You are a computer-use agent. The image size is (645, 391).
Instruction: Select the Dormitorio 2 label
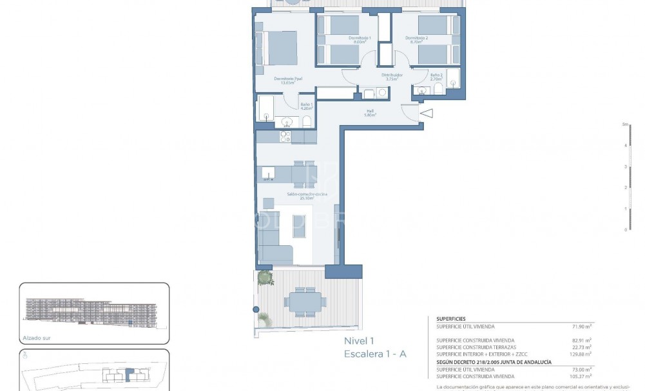(x=417, y=40)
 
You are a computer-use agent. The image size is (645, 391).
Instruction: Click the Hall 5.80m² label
(x=371, y=113)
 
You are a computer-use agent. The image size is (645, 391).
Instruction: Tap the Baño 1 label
(x=306, y=106)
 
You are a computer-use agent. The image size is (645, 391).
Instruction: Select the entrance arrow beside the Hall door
(x=427, y=114)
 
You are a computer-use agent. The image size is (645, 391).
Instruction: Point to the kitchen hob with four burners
(x=285, y=136)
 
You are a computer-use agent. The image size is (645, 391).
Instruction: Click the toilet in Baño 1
(x=307, y=121)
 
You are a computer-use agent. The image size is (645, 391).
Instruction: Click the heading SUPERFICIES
(x=452, y=319)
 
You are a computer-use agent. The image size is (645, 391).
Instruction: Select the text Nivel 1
(x=359, y=341)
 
